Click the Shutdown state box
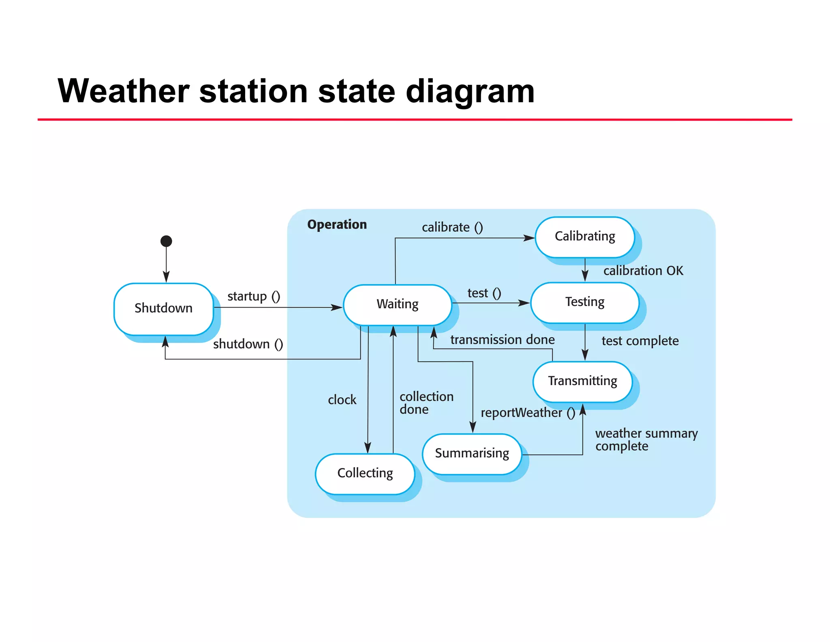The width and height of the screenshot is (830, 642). tap(163, 308)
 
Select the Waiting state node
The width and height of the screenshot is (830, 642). tap(397, 304)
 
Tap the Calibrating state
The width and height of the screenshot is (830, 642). tap(584, 237)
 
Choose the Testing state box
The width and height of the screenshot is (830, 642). tap(584, 302)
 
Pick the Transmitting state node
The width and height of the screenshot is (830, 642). tap(582, 381)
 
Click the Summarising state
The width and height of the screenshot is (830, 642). tap(472, 453)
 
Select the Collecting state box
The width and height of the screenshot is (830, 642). tap(365, 473)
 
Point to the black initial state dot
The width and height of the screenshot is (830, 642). tap(166, 241)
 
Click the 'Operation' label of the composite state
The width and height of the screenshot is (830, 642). tap(337, 224)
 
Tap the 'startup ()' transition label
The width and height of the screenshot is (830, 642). tap(254, 296)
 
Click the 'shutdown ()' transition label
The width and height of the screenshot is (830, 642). tap(248, 344)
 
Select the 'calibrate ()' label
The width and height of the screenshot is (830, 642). tap(452, 227)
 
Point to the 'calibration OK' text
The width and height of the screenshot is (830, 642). tap(643, 271)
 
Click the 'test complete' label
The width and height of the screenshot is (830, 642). tap(640, 341)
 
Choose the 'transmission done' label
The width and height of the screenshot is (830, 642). tap(503, 340)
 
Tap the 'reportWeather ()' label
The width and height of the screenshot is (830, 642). tap(528, 413)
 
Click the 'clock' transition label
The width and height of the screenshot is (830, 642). tap(342, 400)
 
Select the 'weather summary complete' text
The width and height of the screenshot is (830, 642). tap(646, 439)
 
